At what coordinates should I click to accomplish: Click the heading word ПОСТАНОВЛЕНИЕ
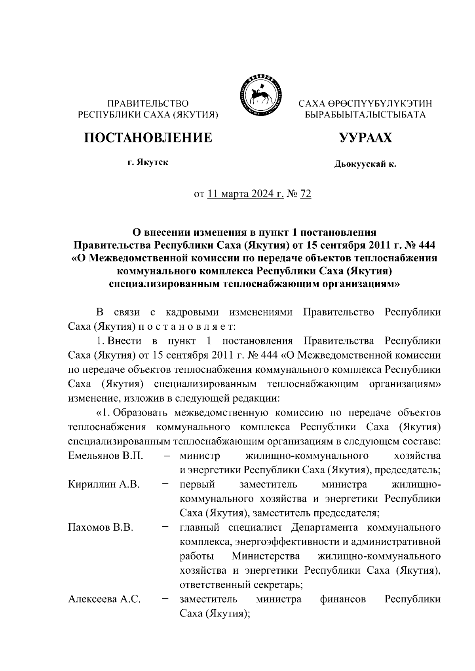pyautogui.click(x=148, y=138)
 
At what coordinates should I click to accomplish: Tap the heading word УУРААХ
pyautogui.click(x=365, y=138)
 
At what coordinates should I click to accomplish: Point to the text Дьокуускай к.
pyautogui.click(x=365, y=164)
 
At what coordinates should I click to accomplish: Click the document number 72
pyautogui.click(x=306, y=194)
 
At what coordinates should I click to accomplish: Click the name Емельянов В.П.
pyautogui.click(x=105, y=456)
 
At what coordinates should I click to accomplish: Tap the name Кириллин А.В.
pyautogui.click(x=104, y=484)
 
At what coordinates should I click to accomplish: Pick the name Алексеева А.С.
pyautogui.click(x=104, y=599)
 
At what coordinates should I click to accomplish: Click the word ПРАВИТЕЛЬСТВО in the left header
pyautogui.click(x=148, y=104)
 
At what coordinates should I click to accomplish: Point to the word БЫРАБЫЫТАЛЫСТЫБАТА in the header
pyautogui.click(x=365, y=115)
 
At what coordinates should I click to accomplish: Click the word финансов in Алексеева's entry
pyautogui.click(x=343, y=599)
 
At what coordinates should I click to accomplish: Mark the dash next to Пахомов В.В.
pyautogui.click(x=166, y=527)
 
